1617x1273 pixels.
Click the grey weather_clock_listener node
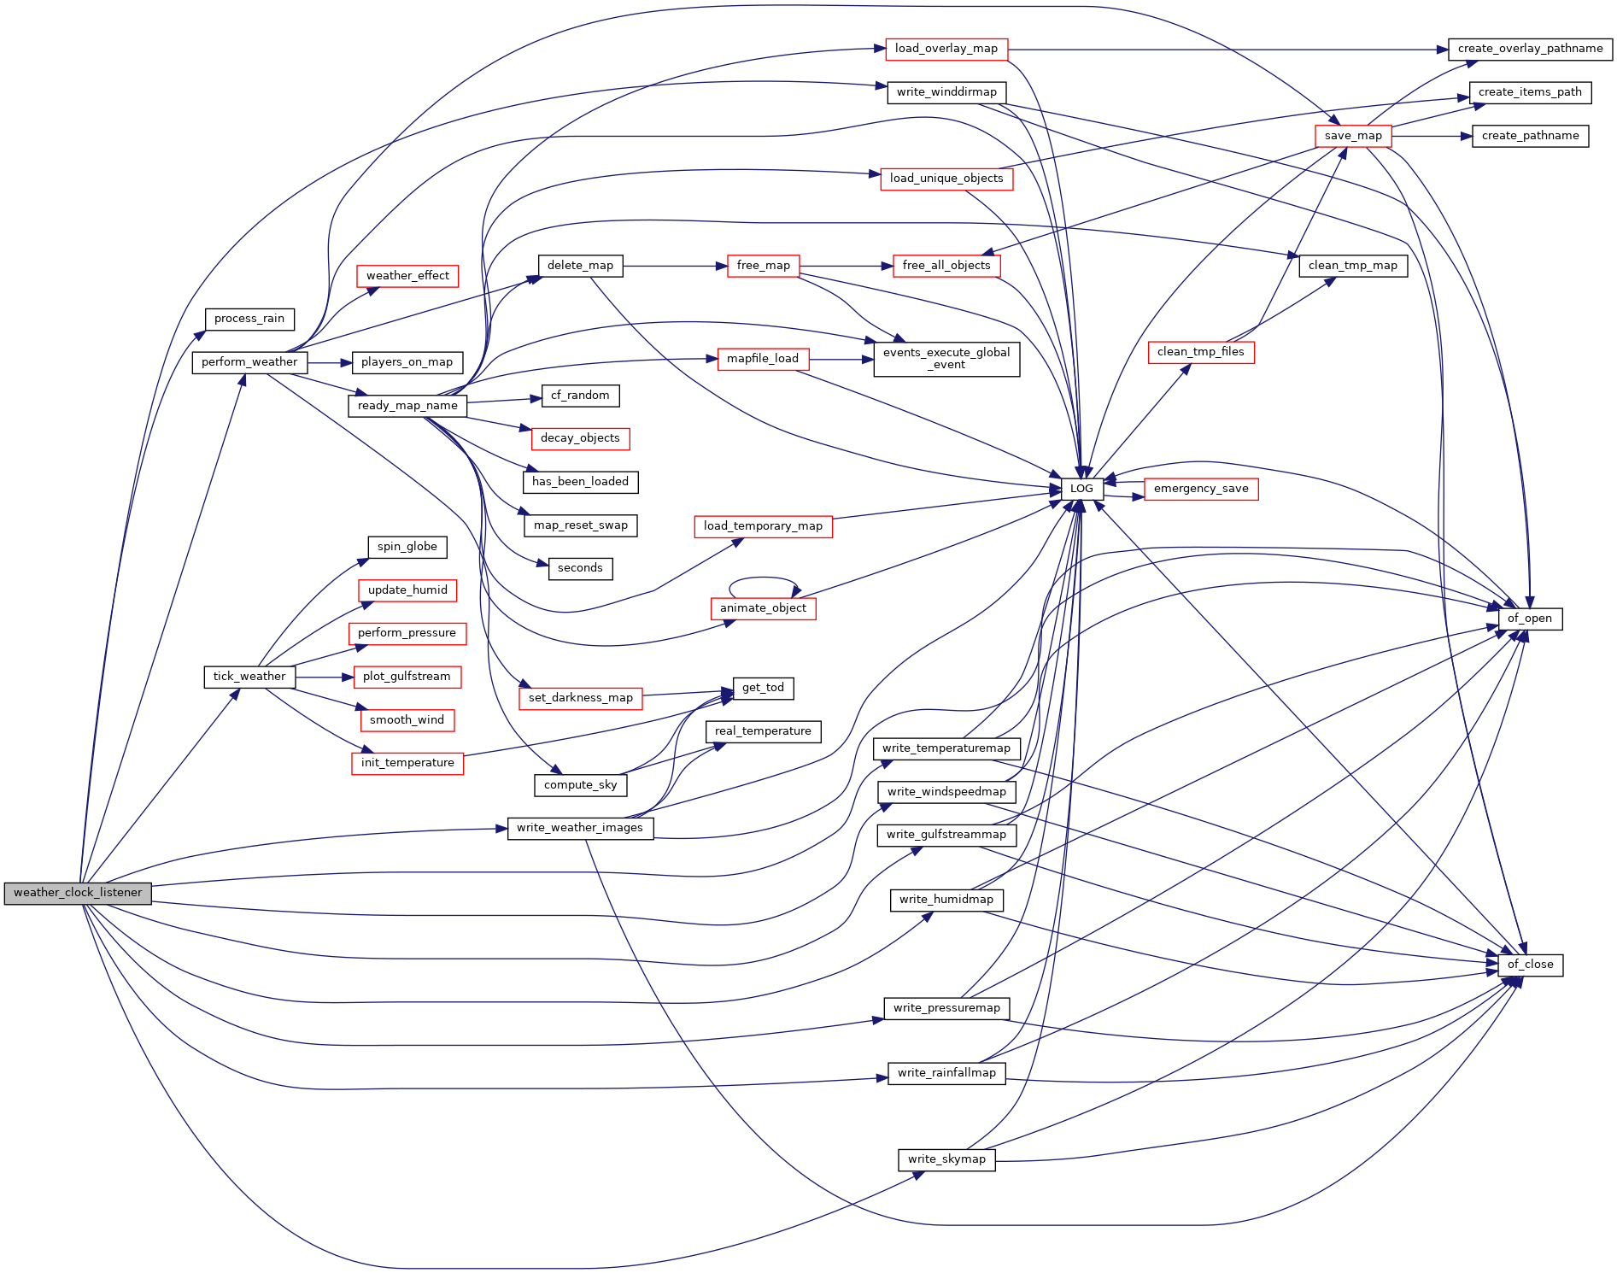78,893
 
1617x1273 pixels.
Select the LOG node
1081,489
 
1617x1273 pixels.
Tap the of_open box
1529,619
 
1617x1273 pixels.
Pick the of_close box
1530,965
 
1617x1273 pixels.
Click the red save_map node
1353,136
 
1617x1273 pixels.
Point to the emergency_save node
1200,489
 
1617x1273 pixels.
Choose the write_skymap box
946,1159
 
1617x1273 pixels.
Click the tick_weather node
249,677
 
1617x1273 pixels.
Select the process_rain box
249,319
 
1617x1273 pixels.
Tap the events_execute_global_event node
946,359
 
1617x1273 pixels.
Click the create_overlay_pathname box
1530,49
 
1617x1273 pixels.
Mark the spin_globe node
407,547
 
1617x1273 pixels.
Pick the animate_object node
763,608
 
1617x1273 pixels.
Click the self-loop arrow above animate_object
763,578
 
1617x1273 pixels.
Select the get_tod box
763,688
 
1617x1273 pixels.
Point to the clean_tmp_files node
1200,352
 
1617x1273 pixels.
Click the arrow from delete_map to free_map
675,266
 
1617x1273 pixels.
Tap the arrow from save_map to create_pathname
1432,136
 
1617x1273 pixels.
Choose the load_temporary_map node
763,526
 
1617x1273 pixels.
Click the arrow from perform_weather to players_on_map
330,363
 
